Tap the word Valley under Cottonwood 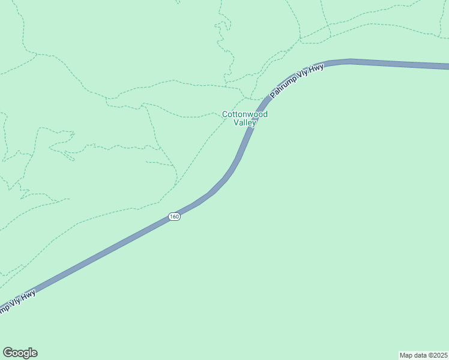(245, 122)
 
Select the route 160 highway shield (174, 216)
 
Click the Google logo (20, 353)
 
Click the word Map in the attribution (407, 355)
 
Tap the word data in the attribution (421, 355)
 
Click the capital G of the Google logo (7, 353)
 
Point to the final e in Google (34, 353)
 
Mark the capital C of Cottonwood (225, 114)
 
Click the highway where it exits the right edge (446, 65)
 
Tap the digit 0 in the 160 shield (176, 216)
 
